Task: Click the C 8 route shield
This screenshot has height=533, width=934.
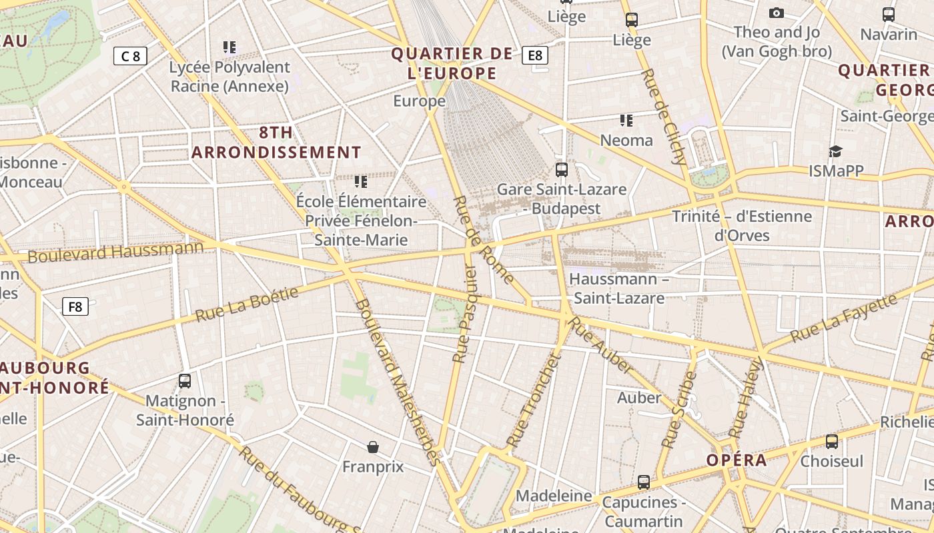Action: point(130,56)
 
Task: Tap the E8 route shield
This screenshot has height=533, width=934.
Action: point(535,55)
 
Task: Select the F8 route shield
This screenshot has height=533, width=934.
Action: point(75,306)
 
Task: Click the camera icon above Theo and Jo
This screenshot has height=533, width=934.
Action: point(776,13)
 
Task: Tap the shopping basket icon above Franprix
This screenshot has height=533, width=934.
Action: point(373,446)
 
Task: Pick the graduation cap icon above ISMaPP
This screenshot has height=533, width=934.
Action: point(835,152)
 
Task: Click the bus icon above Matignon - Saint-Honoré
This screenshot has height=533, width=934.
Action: point(185,381)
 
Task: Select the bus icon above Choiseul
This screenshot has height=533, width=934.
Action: point(831,441)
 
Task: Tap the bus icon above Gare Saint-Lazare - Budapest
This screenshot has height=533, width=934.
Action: point(562,170)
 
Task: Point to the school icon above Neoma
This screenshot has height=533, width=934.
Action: point(626,121)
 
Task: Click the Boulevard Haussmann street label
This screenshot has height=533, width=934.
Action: point(115,253)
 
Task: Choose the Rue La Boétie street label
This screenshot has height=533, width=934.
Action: point(247,304)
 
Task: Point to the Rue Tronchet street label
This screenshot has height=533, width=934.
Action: point(532,400)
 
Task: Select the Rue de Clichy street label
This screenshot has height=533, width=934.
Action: point(663,116)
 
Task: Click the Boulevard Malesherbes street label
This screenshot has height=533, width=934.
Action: point(398,381)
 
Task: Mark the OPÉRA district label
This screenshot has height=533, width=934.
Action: point(737,460)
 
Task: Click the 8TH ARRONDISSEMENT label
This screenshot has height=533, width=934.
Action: point(276,142)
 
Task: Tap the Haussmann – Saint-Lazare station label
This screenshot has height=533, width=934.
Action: point(619,288)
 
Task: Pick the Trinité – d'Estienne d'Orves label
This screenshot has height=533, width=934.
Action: point(742,225)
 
